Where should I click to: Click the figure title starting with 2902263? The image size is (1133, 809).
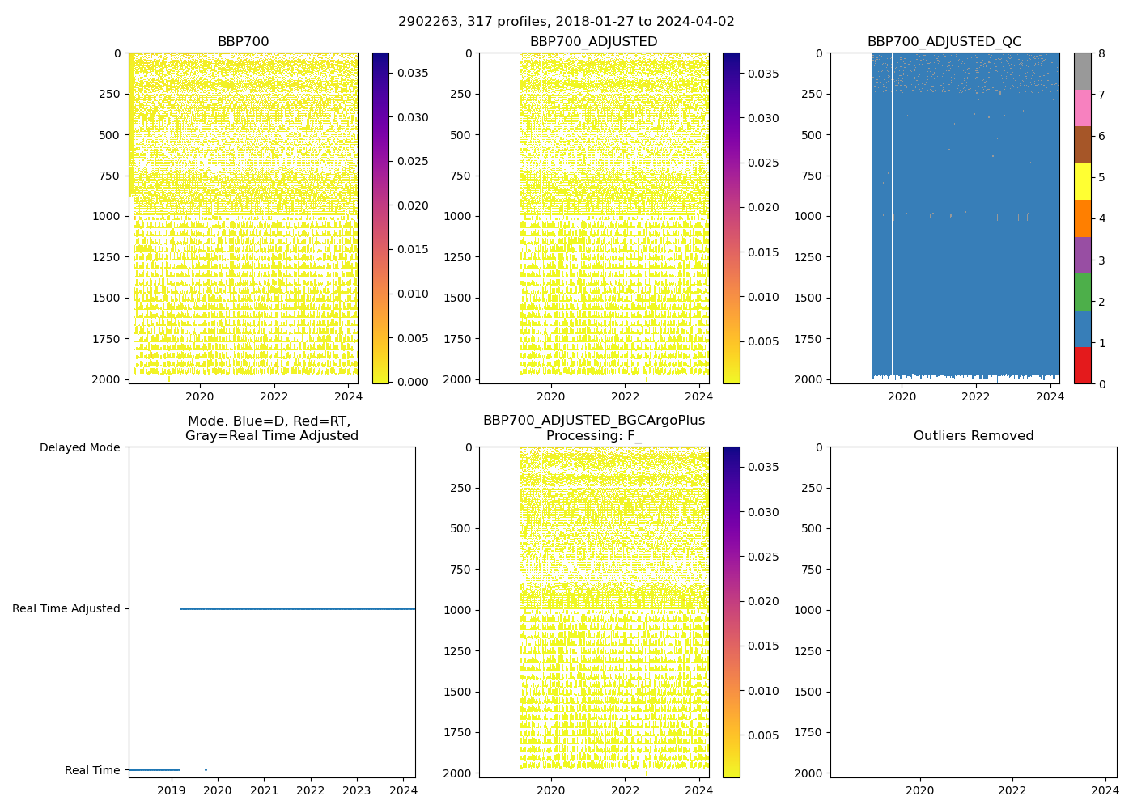point(566,22)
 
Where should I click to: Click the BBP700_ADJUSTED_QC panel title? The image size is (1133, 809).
point(944,42)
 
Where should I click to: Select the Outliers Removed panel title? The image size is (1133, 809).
point(974,436)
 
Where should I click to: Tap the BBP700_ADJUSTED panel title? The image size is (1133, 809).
point(593,42)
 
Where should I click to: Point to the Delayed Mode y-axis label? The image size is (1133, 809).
point(79,447)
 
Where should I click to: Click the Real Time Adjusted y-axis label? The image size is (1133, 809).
point(66,608)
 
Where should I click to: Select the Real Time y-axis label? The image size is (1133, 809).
point(92,770)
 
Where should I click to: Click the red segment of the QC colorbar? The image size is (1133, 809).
point(1082,365)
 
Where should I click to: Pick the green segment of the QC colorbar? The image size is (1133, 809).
point(1082,292)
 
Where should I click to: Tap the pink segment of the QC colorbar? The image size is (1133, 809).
point(1082,108)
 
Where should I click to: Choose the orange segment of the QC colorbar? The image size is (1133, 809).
point(1082,218)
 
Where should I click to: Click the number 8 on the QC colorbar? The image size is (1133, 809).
point(1102,53)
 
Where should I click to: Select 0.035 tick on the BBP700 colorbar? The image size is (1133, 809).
point(413,73)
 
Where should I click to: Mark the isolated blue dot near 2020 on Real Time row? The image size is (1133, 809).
point(206,769)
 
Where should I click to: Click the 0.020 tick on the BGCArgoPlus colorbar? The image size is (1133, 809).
point(763,601)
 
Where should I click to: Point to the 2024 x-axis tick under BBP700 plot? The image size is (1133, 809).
point(348,396)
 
